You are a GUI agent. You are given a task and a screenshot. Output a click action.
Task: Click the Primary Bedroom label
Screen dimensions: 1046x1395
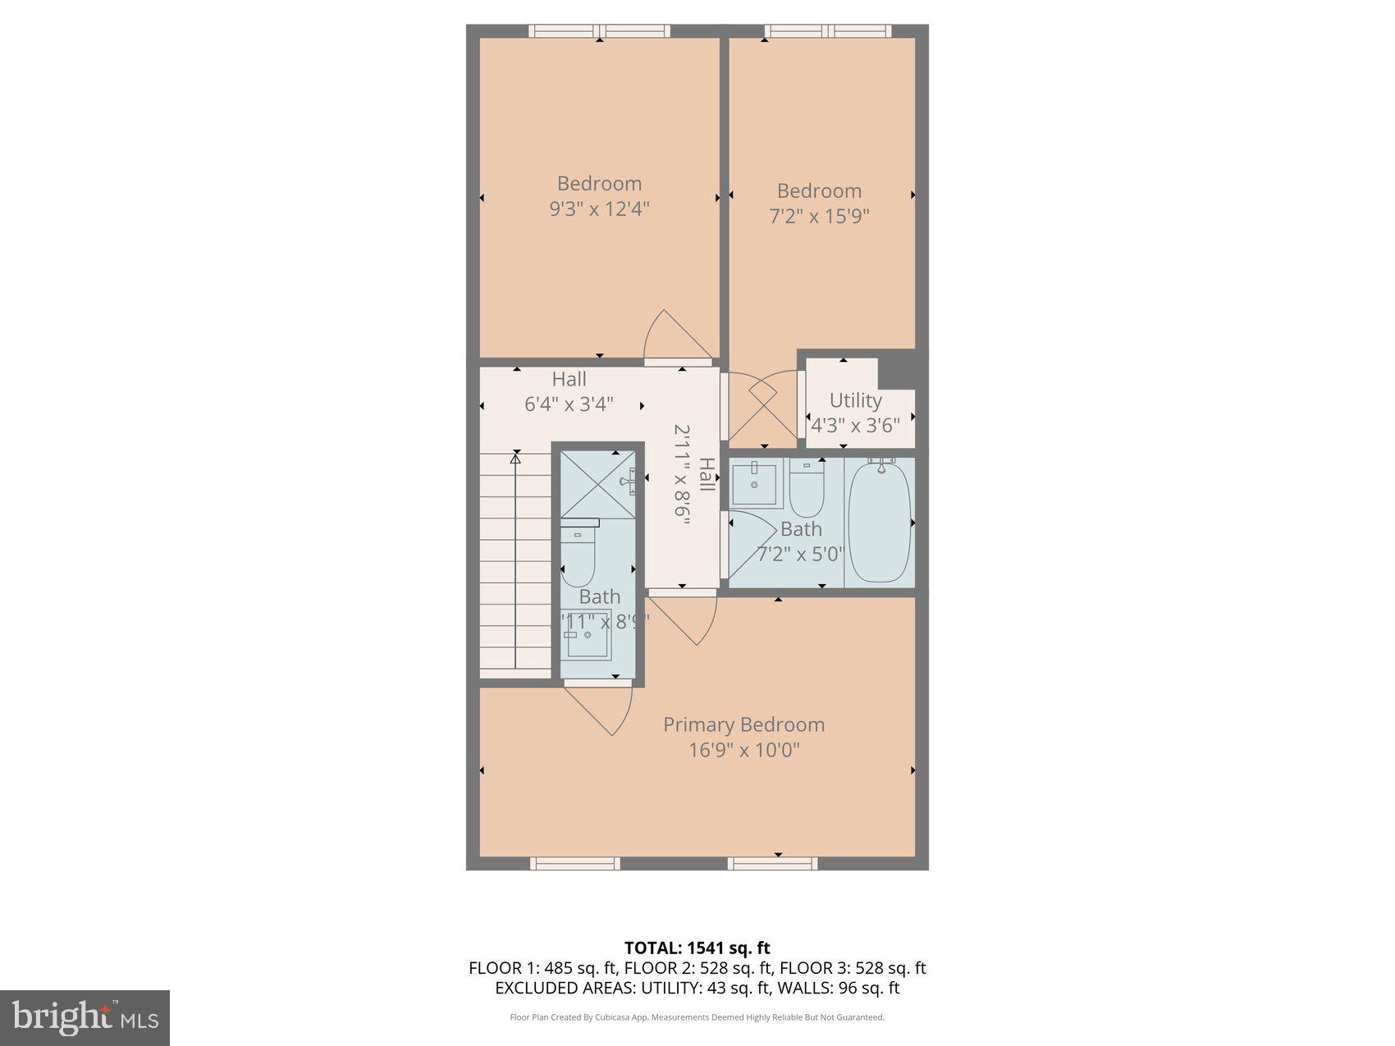743,725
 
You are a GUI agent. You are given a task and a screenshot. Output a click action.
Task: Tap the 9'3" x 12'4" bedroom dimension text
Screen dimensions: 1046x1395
599,209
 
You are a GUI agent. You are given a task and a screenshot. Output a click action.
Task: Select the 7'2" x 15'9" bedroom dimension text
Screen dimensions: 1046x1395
819,217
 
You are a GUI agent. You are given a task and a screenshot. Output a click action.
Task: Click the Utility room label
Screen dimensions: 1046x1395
855,400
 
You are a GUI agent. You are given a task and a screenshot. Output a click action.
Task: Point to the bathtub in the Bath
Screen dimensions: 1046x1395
879,523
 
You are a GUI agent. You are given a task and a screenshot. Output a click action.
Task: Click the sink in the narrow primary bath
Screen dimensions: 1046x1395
587,633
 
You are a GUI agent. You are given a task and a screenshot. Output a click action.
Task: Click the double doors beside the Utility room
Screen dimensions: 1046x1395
762,406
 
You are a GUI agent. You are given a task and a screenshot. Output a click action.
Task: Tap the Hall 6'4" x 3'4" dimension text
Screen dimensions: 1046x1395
569,404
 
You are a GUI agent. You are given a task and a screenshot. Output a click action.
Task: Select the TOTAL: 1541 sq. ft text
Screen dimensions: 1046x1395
697,948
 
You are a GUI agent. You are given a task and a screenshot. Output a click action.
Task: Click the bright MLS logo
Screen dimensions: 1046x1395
85,1017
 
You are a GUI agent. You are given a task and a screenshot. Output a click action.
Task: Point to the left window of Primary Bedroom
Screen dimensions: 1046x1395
574,863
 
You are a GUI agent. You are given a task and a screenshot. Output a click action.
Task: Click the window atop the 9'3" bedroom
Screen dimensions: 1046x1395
599,31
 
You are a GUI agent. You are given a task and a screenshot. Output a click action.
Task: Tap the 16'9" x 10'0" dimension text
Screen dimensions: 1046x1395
743,751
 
